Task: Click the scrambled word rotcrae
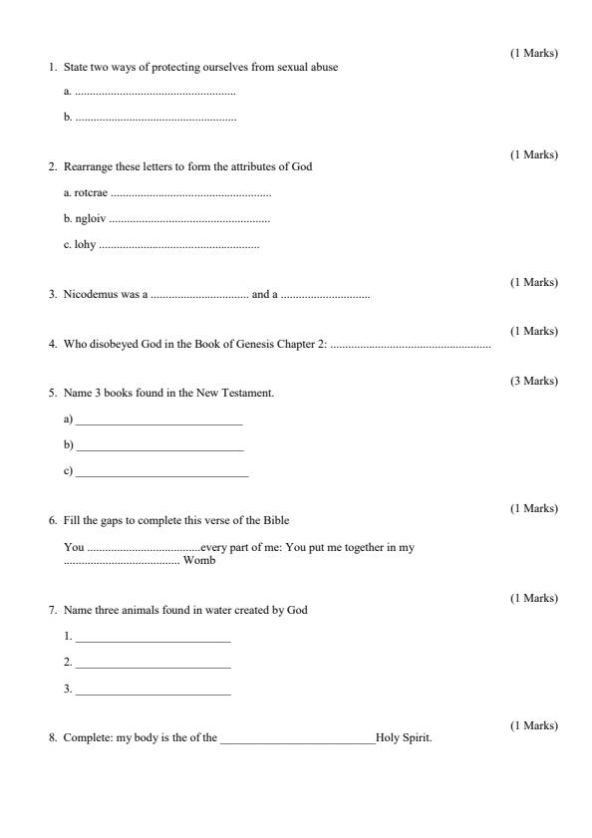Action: coord(91,193)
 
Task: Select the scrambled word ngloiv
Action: coord(90,219)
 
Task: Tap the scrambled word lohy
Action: coord(85,245)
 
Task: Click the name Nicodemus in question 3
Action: coord(94,295)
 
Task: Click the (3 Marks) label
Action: coord(534,381)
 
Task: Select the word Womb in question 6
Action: coord(199,560)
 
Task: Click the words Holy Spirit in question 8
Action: coord(404,738)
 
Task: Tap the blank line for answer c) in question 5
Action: coord(161,474)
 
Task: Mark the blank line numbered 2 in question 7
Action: coord(152,665)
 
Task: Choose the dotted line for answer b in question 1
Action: coord(155,119)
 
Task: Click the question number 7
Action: coord(52,610)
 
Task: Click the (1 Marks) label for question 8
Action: coord(534,725)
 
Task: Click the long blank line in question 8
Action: coord(297,740)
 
